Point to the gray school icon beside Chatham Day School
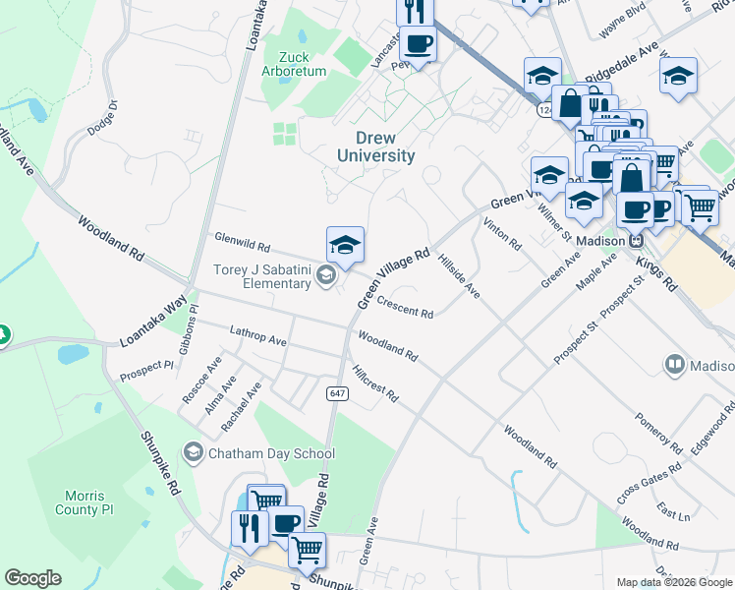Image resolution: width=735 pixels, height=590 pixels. click(x=193, y=453)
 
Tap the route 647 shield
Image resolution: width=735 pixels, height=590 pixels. click(x=337, y=393)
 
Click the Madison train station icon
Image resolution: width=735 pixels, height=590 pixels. click(x=637, y=241)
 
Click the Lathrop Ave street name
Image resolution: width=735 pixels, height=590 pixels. click(x=257, y=335)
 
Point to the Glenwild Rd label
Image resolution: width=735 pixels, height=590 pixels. click(x=243, y=241)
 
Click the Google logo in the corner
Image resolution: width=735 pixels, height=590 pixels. click(x=32, y=578)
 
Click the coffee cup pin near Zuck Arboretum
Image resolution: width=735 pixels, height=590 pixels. click(x=418, y=45)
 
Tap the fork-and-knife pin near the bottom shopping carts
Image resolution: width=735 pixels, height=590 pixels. click(x=250, y=527)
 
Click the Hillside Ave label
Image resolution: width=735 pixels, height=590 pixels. click(x=459, y=276)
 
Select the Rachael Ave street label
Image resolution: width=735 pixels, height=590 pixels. click(x=241, y=408)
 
